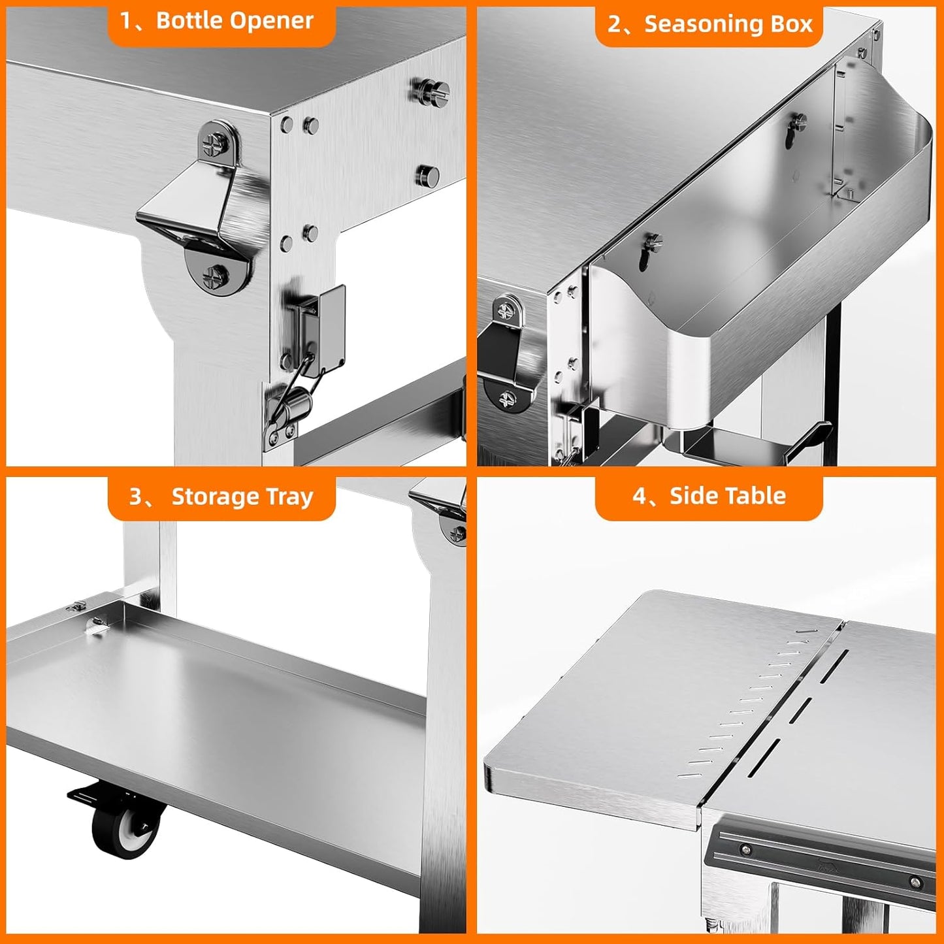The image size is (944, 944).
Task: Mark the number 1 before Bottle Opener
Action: pos(126,21)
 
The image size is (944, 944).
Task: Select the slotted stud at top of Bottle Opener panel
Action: pos(431,90)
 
